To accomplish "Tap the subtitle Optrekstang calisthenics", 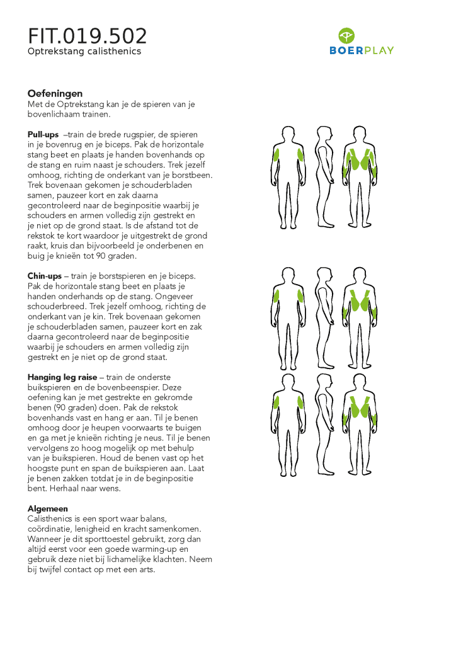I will point(84,52).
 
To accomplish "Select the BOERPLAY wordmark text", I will point(362,50).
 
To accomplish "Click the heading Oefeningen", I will point(55,94).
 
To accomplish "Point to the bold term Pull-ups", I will point(43,135).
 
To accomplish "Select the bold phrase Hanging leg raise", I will point(62,377).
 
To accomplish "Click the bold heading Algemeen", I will point(48,508).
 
